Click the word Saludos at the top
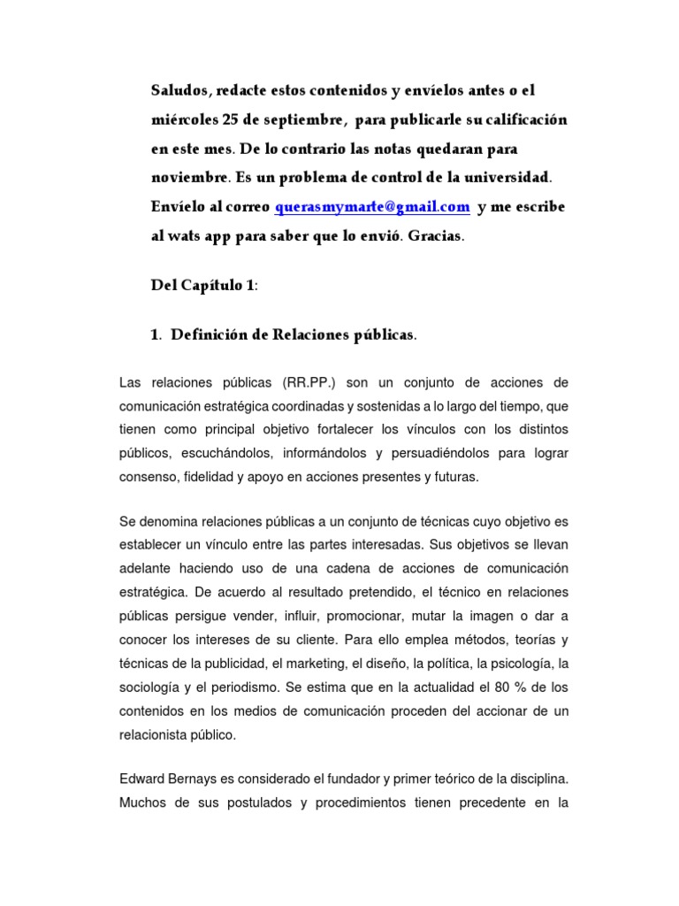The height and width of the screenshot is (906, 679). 179,91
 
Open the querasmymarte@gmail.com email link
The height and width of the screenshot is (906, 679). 371,207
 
